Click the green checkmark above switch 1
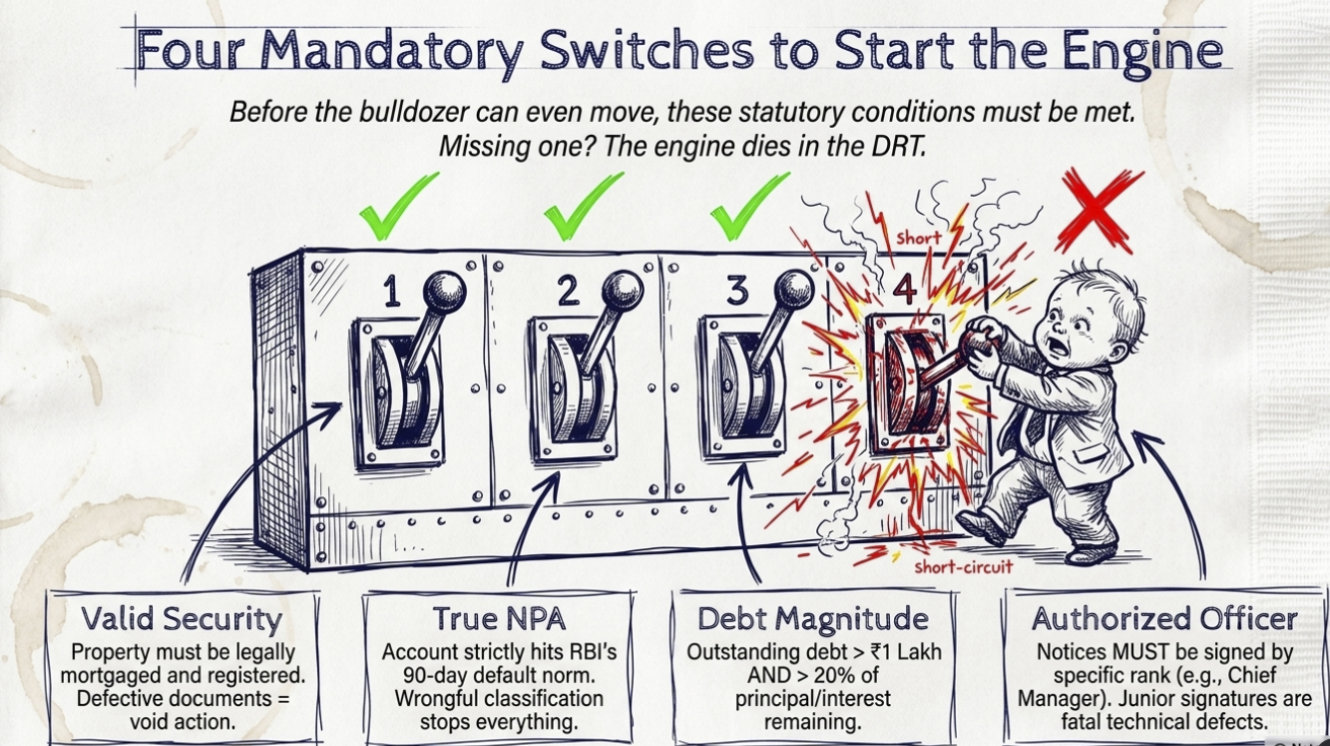coord(397,208)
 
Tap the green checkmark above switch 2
coord(582,208)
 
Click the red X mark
coord(1101,210)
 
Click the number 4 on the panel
coord(904,290)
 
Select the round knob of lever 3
coord(795,290)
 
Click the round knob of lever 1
coord(444,293)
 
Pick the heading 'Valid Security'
coord(182,619)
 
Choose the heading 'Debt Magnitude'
coord(813,619)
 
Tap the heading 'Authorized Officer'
coord(1164,619)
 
